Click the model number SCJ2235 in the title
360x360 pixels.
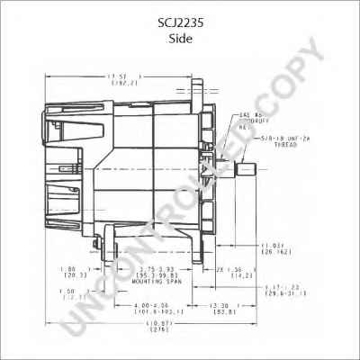180,13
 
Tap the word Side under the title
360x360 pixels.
180,27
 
